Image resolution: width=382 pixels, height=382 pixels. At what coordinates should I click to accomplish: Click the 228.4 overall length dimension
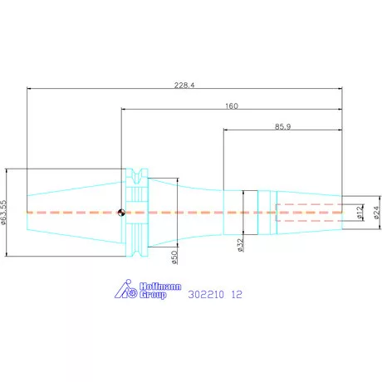(x=184, y=85)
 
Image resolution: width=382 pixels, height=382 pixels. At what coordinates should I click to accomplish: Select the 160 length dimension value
(x=232, y=106)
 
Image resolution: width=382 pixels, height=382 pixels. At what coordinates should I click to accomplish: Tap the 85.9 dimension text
(x=282, y=127)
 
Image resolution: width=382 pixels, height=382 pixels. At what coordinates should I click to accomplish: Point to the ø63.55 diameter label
(x=3, y=213)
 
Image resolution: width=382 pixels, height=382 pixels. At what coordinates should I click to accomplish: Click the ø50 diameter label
(x=174, y=257)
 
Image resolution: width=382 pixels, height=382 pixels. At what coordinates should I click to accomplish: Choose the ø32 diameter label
(x=241, y=245)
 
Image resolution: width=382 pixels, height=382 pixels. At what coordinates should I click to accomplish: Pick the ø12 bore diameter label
(x=360, y=213)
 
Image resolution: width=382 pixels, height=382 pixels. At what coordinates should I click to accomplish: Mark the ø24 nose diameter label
(x=376, y=213)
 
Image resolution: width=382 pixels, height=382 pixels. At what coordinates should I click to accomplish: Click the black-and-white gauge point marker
(x=121, y=213)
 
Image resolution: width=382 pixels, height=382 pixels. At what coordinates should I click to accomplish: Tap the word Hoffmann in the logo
(x=160, y=286)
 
